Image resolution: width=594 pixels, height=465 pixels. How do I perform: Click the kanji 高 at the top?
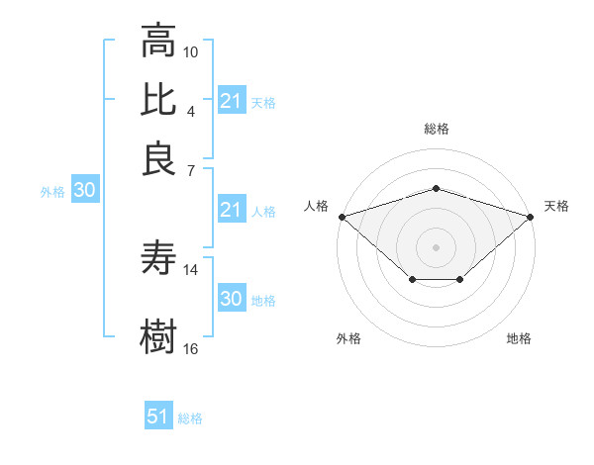coord(158,43)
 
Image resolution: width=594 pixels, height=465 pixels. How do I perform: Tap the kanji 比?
coord(158,101)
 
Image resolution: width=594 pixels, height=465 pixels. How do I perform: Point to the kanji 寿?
coord(158,259)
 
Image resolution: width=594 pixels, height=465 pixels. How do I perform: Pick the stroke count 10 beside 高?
coord(191,51)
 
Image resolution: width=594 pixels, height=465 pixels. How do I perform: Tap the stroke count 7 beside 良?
coord(191,169)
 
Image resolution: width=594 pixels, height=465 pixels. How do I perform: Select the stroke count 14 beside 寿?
coord(191,269)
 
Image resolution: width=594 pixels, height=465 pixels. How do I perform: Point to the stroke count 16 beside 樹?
coord(191,348)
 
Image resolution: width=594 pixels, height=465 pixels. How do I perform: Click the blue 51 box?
coord(158,417)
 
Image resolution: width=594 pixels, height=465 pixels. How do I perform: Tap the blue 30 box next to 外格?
coord(84,191)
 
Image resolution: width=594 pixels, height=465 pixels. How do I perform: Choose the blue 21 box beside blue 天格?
coord(231,101)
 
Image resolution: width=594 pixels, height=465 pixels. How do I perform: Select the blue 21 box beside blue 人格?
coord(231,210)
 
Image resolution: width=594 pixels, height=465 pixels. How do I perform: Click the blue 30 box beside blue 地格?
coord(231,299)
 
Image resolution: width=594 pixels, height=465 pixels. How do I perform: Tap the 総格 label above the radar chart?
coord(436,129)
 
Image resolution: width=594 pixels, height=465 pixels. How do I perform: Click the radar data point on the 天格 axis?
coord(531,216)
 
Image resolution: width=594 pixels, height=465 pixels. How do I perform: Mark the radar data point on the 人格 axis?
coord(342,216)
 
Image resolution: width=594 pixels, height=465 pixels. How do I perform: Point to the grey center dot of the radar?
coord(436,245)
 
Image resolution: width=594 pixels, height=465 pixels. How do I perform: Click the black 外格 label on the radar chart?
coord(348,338)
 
